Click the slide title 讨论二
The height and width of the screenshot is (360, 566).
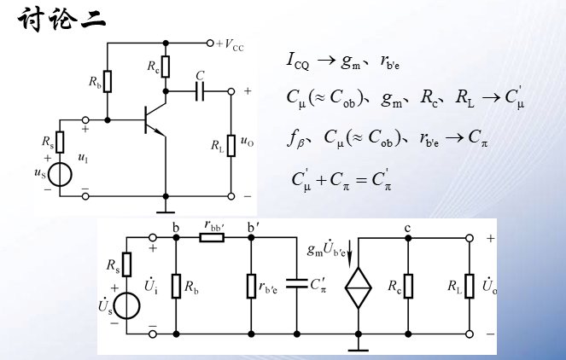[x=61, y=20]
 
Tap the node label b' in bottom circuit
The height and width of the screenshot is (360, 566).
[x=254, y=227]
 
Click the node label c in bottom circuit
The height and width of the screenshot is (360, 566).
[x=408, y=227]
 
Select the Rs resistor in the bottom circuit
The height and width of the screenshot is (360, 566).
[x=127, y=265]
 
